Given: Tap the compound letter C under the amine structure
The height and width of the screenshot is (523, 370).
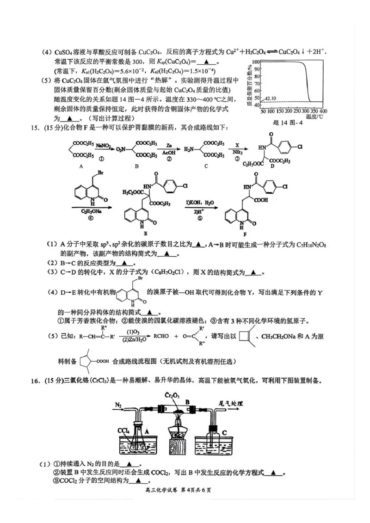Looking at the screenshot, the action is [206, 166].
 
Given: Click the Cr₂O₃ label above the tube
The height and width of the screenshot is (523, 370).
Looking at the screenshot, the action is [174, 394].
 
